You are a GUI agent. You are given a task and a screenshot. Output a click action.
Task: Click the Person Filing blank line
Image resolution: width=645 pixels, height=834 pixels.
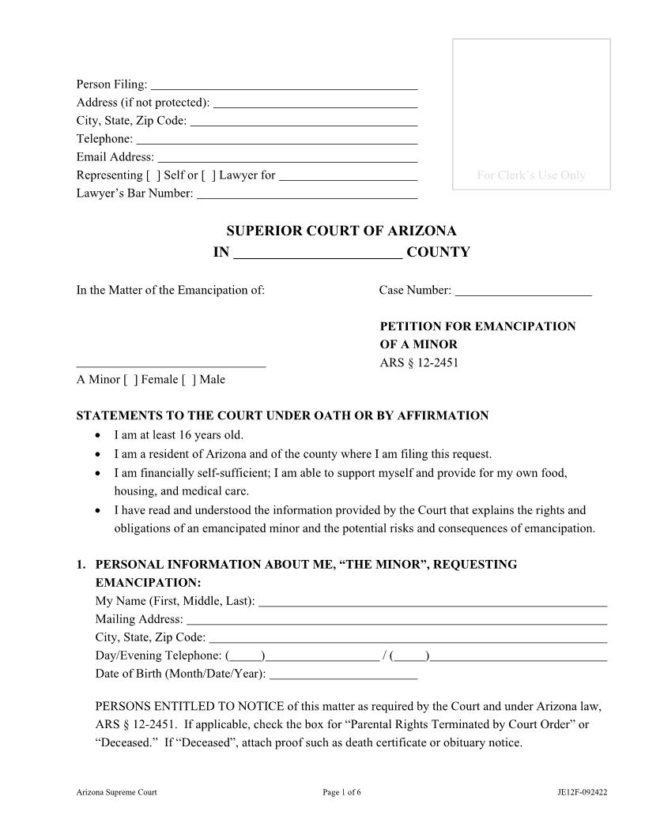(283, 85)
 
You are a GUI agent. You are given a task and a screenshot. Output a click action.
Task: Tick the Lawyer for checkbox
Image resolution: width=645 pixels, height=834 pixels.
(209, 175)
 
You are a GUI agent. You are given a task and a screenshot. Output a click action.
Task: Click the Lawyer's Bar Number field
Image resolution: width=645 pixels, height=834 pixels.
(307, 193)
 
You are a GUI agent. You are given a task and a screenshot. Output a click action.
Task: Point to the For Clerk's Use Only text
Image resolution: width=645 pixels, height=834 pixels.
(531, 175)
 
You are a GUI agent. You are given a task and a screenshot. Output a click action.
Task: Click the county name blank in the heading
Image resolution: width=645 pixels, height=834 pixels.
(319, 253)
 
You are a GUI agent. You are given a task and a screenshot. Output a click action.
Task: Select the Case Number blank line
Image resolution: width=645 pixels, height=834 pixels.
(523, 291)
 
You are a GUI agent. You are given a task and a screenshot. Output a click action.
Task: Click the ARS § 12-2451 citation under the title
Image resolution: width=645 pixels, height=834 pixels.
(419, 363)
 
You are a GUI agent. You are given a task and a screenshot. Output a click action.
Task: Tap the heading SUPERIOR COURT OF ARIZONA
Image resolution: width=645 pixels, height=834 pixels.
(341, 231)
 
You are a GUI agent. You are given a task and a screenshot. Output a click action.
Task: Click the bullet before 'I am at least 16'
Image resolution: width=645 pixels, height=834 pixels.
(97, 435)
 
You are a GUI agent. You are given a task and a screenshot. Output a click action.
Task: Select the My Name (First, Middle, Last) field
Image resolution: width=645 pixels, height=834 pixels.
(432, 602)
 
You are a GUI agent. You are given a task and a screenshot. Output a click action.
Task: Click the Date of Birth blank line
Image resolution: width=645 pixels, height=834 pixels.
(343, 674)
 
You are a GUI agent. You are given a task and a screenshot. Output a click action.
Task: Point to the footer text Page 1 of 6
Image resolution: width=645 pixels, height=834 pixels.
(341, 792)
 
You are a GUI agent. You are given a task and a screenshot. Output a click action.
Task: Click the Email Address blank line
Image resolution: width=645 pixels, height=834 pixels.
(287, 157)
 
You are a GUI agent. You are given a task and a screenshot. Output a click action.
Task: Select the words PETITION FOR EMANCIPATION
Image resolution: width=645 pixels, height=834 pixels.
(477, 326)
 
